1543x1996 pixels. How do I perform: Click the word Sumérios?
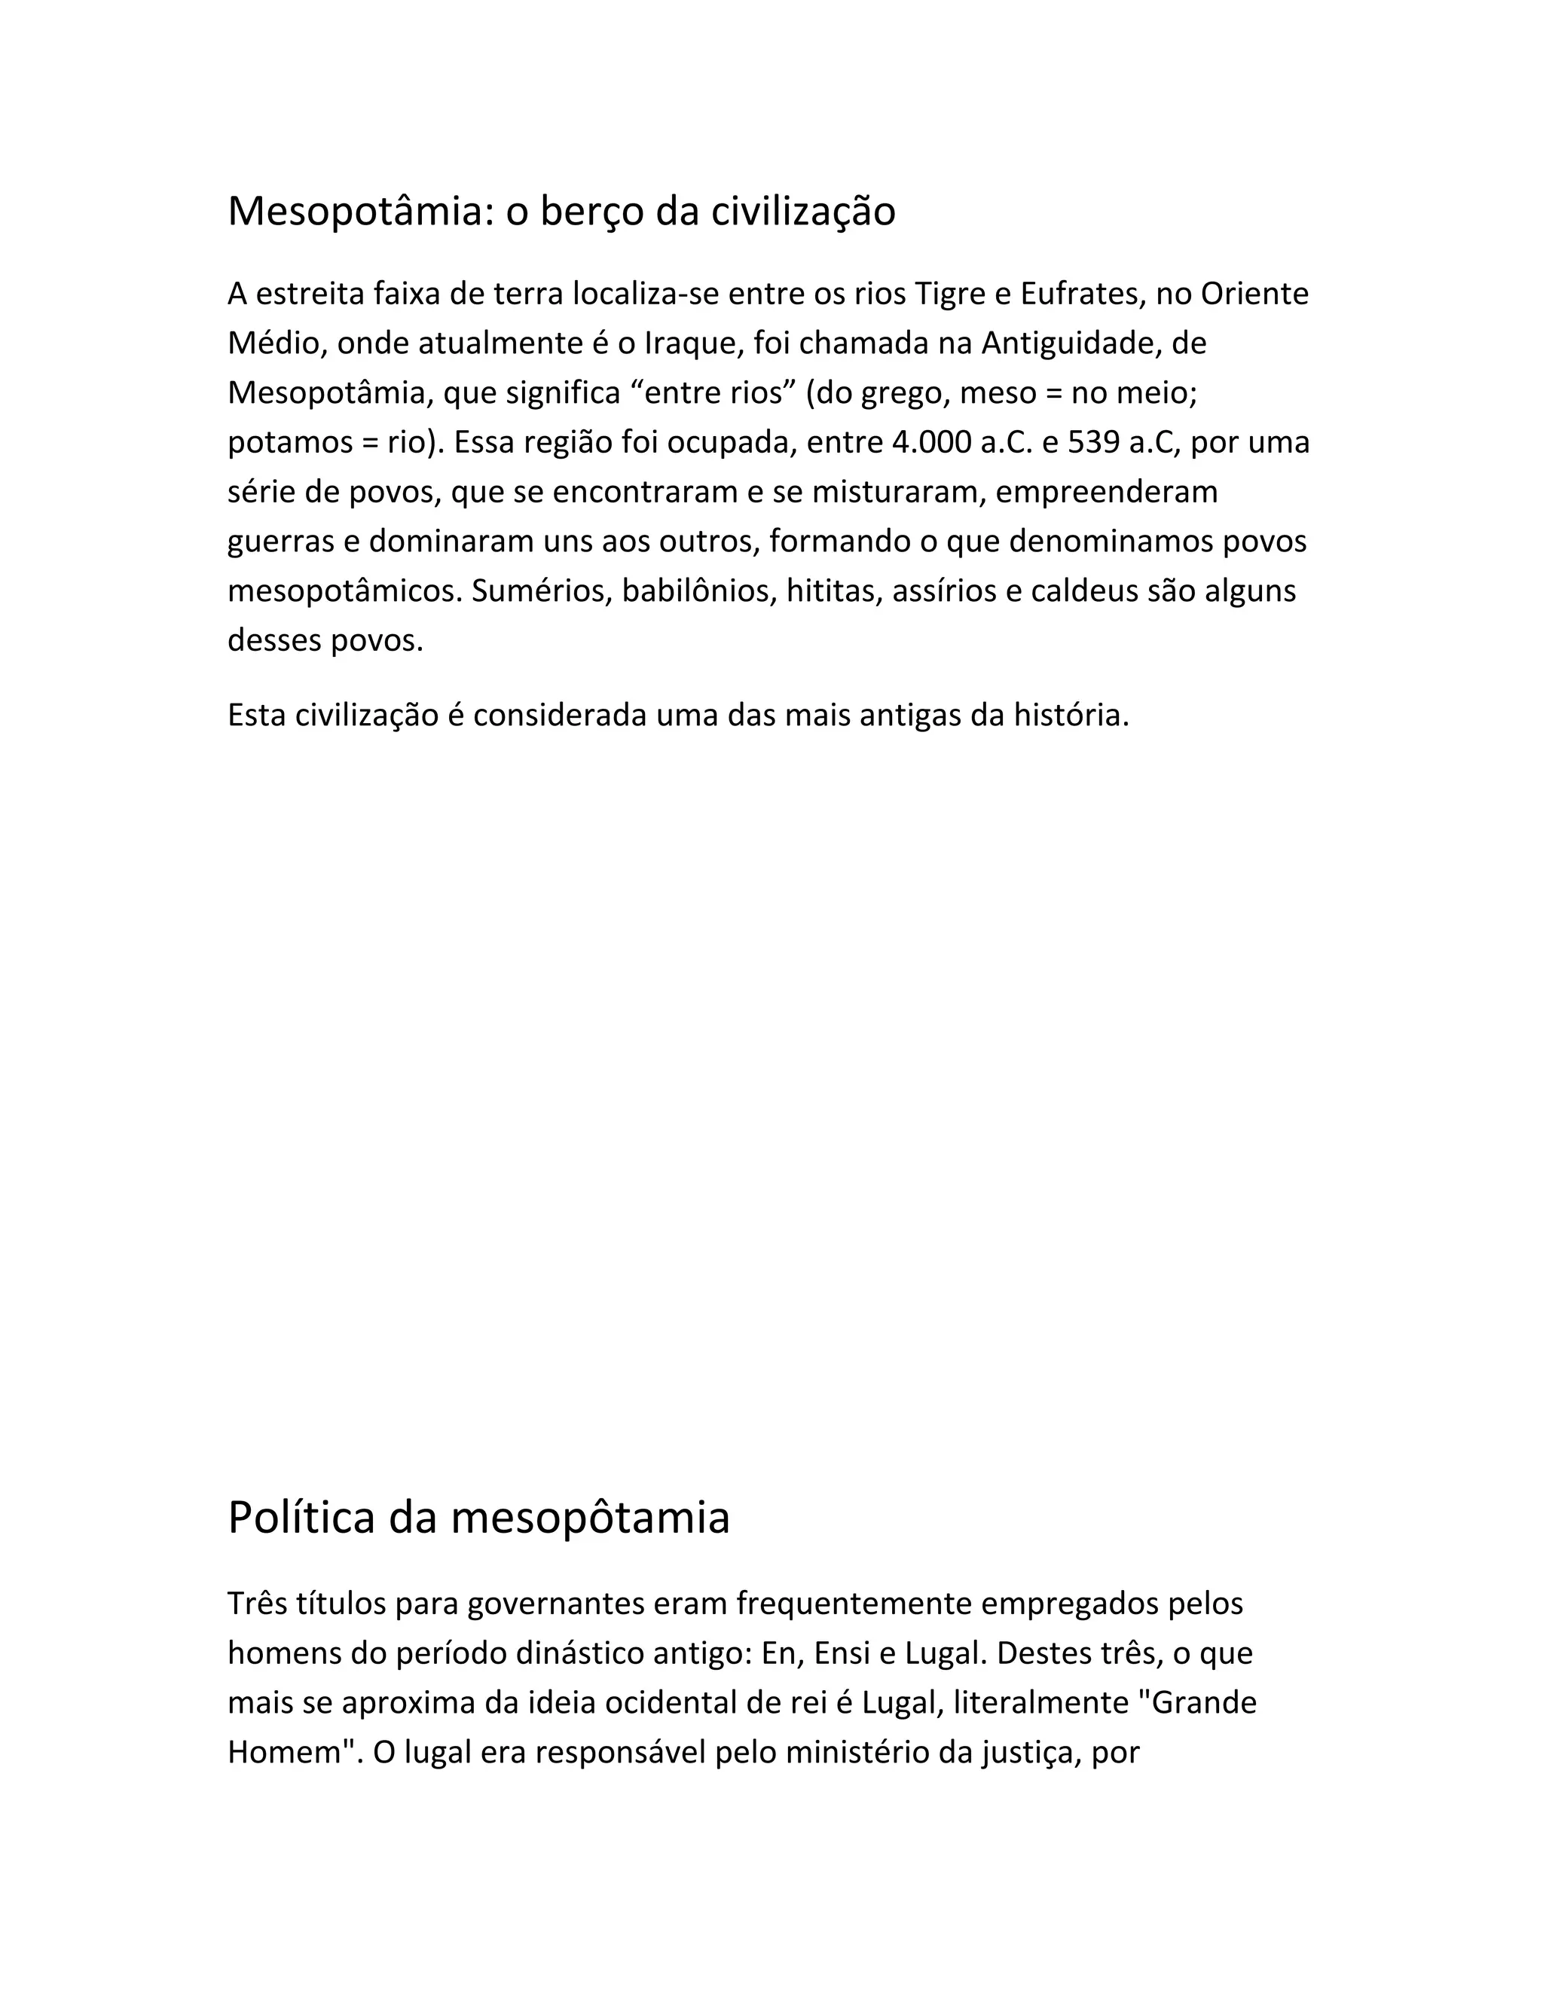541,591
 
